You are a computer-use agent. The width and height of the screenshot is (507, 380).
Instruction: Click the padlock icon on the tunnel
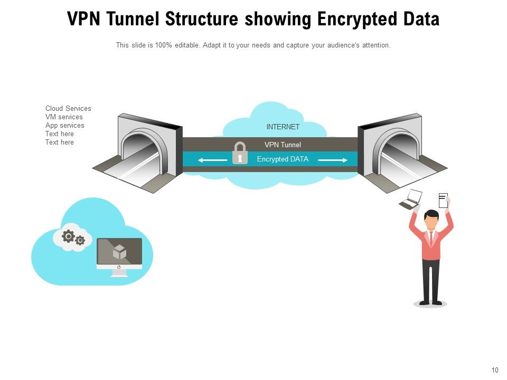pyautogui.click(x=240, y=153)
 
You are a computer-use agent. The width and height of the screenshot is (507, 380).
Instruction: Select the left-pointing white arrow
pyautogui.click(x=212, y=160)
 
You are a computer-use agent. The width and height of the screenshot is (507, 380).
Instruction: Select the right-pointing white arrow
pyautogui.click(x=333, y=160)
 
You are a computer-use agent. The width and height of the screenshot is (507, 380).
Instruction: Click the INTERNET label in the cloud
pyautogui.click(x=283, y=127)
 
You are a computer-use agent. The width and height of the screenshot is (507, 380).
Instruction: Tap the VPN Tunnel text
pyautogui.click(x=283, y=145)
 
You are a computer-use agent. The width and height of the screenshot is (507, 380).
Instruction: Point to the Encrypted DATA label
pyautogui.click(x=283, y=159)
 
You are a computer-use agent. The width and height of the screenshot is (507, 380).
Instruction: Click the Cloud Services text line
pyautogui.click(x=68, y=109)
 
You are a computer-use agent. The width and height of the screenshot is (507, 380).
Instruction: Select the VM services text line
pyautogui.click(x=64, y=117)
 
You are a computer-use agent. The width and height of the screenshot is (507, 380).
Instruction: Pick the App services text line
pyautogui.click(x=64, y=126)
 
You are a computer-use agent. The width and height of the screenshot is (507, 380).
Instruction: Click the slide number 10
pyautogui.click(x=494, y=370)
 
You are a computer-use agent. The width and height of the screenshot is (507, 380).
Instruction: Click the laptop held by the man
pyautogui.click(x=410, y=198)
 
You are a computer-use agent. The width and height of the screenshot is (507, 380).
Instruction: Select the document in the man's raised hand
pyautogui.click(x=443, y=200)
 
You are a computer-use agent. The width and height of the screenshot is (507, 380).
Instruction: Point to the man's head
pyautogui.click(x=431, y=219)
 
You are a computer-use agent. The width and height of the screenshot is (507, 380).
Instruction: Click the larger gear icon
pyautogui.click(x=68, y=236)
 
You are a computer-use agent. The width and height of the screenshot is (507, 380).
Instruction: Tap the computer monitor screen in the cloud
pyautogui.click(x=119, y=251)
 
